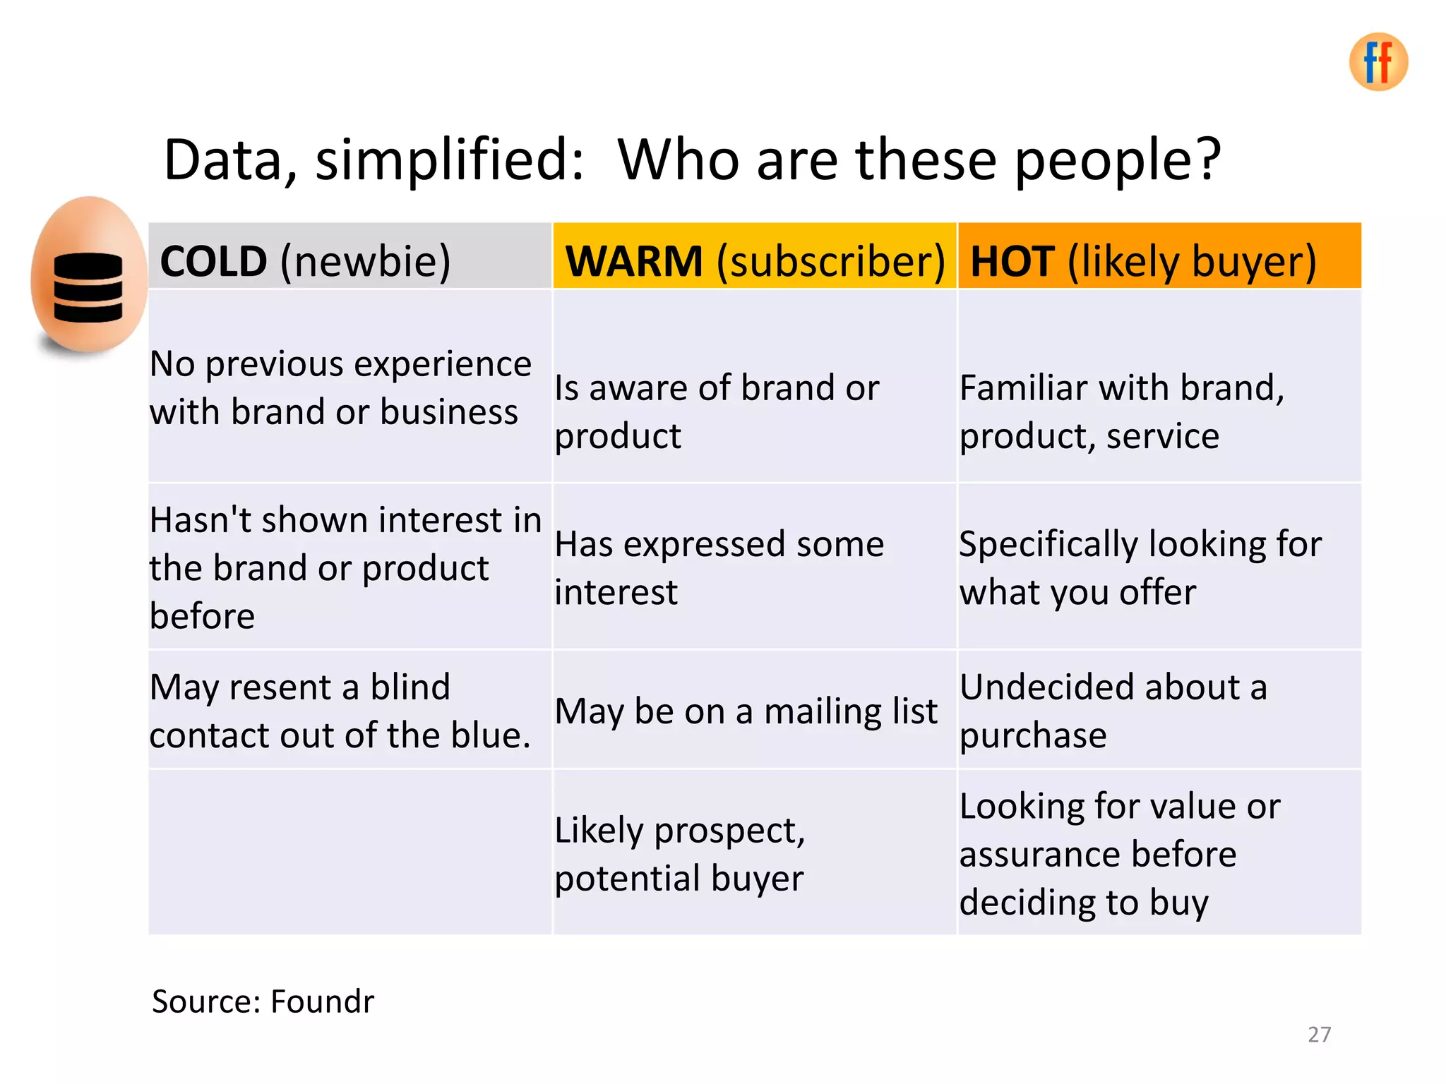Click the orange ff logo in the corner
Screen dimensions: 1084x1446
[1378, 62]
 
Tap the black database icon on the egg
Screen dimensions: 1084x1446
[88, 287]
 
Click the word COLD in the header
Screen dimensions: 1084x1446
[213, 261]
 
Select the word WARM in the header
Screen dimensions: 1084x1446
[634, 261]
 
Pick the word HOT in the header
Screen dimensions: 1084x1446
[1012, 261]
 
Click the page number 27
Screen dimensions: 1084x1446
[1319, 1035]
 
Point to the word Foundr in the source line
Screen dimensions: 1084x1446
[322, 1001]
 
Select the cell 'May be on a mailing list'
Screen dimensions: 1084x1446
[746, 711]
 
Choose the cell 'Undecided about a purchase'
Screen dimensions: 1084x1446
[1113, 711]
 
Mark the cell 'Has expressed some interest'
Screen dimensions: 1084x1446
[719, 567]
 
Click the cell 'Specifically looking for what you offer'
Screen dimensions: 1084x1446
[1140, 567]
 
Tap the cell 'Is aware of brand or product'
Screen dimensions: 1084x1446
[716, 411]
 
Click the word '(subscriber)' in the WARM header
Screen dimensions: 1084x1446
[830, 261]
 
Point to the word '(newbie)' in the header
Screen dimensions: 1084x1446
[365, 261]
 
